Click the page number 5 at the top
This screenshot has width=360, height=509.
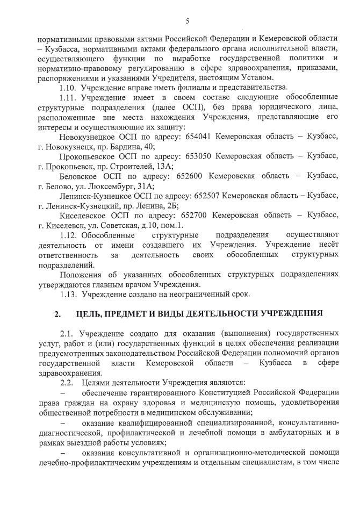(x=187, y=21)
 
